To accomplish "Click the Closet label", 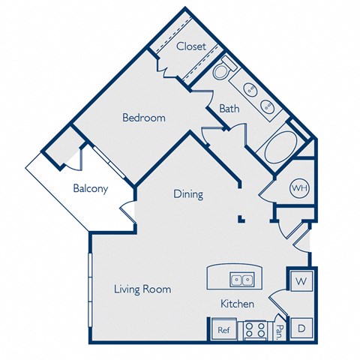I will click(x=191, y=46).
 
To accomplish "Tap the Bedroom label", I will click(x=144, y=118).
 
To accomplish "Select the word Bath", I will click(x=229, y=109).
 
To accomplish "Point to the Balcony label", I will click(x=90, y=189).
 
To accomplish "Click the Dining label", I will click(x=188, y=194).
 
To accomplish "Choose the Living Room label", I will click(x=142, y=289).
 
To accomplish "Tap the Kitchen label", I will click(x=237, y=304).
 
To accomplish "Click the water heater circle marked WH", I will click(x=299, y=187).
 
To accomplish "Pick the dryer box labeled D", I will click(x=301, y=327).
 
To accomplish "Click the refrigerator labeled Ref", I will click(x=223, y=329).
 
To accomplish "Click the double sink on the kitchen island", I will click(x=241, y=280).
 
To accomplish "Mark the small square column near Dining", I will click(x=241, y=220).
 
